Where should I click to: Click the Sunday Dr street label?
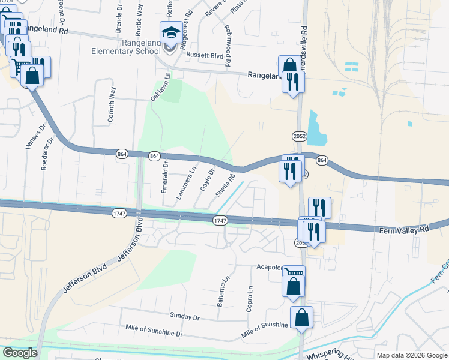click(184, 316)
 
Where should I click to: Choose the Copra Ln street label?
click(249, 298)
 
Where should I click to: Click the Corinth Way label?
click(112, 104)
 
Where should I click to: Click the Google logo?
click(19, 353)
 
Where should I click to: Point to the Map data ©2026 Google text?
click(411, 355)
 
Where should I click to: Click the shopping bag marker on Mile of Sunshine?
click(301, 317)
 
